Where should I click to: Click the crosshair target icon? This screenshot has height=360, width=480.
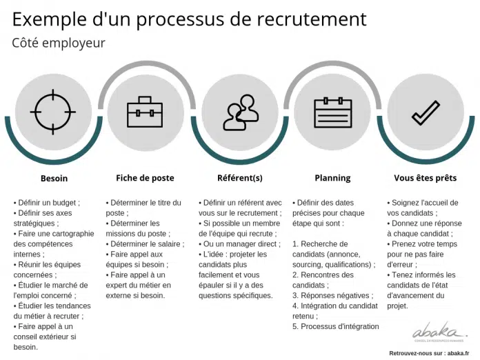[x=53, y=112]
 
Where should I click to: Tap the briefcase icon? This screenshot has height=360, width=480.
[x=145, y=112]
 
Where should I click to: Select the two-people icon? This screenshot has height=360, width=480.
[x=241, y=112]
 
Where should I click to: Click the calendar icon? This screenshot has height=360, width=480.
[x=333, y=112]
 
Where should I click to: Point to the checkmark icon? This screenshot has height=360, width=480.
[x=426, y=112]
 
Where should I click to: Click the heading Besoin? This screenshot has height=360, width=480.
[x=54, y=179]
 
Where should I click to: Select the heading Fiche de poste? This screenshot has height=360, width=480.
[x=145, y=178]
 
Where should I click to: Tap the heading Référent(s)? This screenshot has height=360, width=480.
[x=240, y=178]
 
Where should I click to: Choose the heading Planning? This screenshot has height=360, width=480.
[x=332, y=178]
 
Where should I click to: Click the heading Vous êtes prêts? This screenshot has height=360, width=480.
[x=426, y=178]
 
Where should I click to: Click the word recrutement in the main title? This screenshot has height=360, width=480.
[x=312, y=19]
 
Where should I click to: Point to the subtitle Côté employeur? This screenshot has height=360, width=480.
[x=59, y=43]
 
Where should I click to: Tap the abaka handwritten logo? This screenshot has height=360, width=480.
[x=439, y=332]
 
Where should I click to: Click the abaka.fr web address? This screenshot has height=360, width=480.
[x=457, y=353]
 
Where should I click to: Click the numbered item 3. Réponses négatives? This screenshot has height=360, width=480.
[x=332, y=295]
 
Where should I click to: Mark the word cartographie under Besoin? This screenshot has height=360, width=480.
[x=73, y=234]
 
